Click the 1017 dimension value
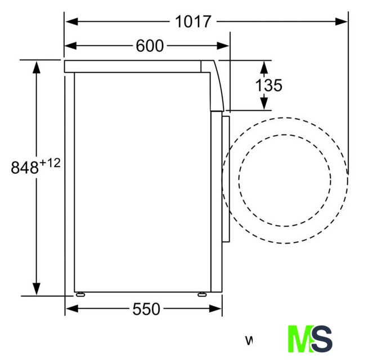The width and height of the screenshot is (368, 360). tap(193, 21)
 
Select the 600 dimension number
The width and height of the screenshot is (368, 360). tap(150, 46)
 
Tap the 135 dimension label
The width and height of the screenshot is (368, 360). tap(269, 85)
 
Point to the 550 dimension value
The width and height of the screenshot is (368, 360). tap(146, 309)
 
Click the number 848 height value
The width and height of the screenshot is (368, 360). tap(25, 168)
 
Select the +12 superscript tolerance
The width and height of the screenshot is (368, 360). tap(50, 163)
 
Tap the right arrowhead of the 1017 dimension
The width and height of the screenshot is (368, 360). tap(341, 21)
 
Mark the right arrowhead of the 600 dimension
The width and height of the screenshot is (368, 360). tap(223, 46)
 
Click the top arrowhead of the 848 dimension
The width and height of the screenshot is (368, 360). tap(37, 67)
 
